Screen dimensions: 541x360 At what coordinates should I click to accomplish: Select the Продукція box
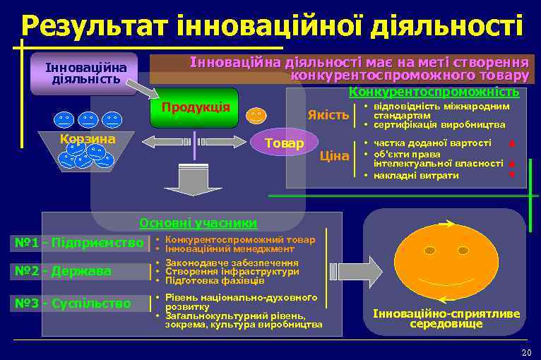coord(196,108)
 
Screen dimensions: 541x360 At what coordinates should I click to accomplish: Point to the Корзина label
coord(88,139)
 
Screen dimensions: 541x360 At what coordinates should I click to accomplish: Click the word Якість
coord(328,115)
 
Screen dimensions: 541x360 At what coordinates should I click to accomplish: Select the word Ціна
coord(335,155)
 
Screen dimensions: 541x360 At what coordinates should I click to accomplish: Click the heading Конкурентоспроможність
coord(434,92)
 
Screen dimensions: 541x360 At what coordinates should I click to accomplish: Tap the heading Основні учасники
coord(198,223)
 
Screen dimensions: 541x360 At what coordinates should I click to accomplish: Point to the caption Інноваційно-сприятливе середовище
coord(446,318)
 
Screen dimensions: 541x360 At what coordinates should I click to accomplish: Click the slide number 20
coord(525,352)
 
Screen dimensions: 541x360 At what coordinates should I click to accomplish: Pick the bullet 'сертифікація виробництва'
coord(439,124)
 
